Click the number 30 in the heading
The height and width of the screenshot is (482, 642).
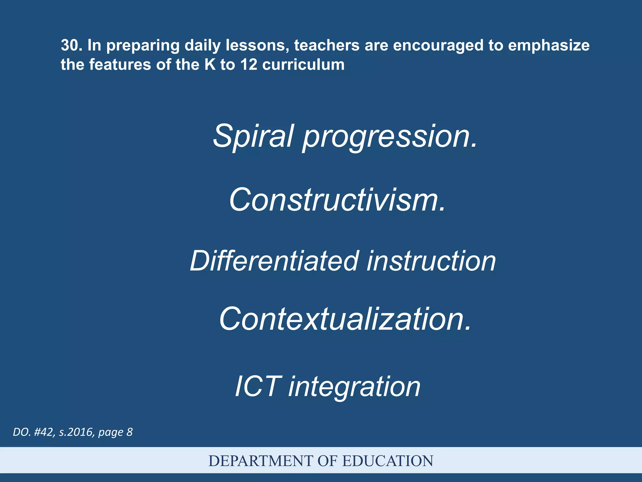click(69, 45)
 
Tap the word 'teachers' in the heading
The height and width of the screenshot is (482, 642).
click(327, 45)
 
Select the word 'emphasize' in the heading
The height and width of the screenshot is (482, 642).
click(549, 45)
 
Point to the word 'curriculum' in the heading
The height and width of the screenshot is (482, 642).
click(303, 65)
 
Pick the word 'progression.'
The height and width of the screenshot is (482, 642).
click(390, 137)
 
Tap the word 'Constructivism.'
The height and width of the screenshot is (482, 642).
click(337, 200)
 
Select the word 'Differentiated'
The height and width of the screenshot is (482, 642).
click(274, 261)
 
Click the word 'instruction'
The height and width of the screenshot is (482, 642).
click(431, 261)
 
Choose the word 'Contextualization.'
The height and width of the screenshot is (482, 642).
click(345, 319)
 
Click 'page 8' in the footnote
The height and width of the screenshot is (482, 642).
click(115, 432)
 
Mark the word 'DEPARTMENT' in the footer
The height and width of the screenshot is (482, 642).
click(261, 461)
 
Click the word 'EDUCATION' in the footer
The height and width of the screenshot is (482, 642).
click(387, 461)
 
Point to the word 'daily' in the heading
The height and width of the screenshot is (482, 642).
click(203, 46)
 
